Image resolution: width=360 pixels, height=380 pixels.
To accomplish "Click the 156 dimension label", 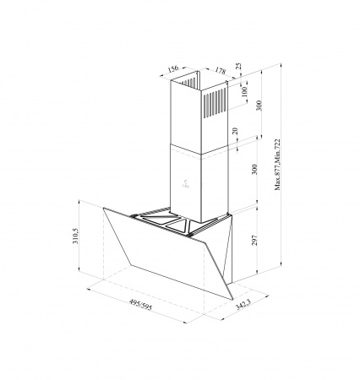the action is [173, 68].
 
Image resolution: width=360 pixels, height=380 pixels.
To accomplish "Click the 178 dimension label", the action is [221, 70].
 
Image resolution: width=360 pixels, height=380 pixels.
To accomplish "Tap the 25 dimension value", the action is [239, 67].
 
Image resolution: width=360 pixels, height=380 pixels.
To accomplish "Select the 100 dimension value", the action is [244, 91].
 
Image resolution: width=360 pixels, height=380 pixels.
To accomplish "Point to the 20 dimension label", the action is [236, 131].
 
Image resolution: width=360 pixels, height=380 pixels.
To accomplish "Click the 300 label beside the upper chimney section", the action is [259, 106].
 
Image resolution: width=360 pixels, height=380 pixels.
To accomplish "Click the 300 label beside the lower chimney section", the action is [254, 169].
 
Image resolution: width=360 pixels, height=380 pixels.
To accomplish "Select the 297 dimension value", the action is [254, 241].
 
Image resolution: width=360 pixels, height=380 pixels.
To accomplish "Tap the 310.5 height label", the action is [75, 236].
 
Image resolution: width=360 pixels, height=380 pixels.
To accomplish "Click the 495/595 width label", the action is [140, 305].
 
